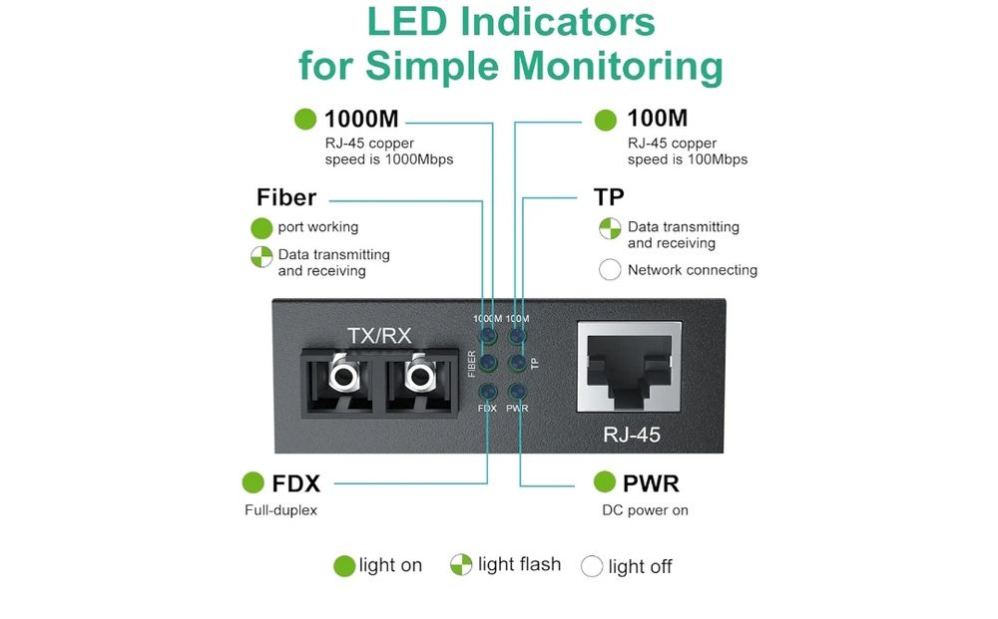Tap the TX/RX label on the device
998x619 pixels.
coord(378,335)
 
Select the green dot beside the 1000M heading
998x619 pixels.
coord(305,120)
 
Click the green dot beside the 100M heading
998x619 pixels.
coord(606,120)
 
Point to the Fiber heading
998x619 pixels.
coord(286,197)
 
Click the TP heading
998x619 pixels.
coord(609,197)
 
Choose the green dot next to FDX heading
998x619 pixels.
coord(253,483)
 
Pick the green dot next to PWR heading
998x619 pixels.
coord(604,482)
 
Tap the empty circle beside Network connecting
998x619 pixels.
coord(610,270)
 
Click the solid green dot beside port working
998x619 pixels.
coord(261,227)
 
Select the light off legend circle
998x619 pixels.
coord(592,566)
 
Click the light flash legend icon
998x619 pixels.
coord(460,565)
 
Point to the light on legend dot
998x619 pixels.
coord(343,566)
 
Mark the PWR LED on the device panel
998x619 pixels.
coord(517,392)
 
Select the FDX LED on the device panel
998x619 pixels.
coord(488,392)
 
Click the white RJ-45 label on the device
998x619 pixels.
coord(632,435)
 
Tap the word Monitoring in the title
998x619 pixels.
coord(618,66)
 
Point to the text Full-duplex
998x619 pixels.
coord(280,510)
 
